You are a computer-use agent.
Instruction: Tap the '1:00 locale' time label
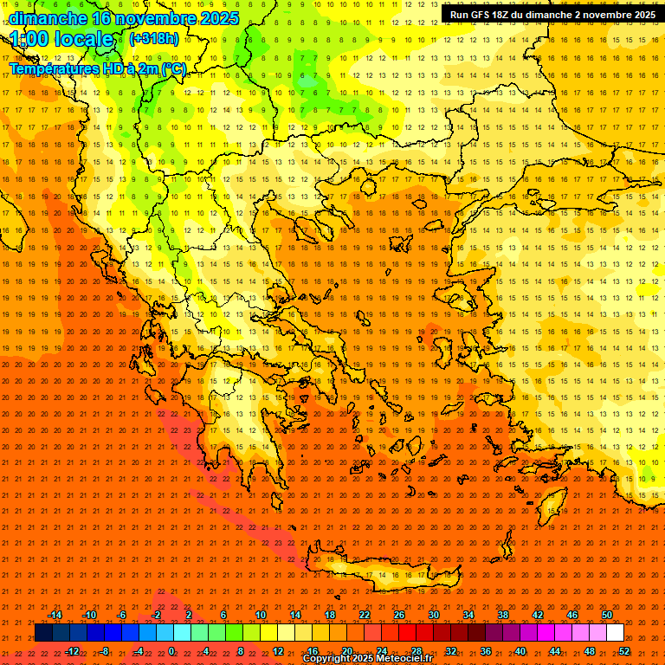pos(61,40)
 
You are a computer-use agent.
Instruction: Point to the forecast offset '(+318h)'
pos(154,39)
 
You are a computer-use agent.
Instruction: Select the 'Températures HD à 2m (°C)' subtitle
pos(98,68)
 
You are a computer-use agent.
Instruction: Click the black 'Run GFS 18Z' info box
pos(552,15)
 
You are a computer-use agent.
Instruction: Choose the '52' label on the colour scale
pos(624,650)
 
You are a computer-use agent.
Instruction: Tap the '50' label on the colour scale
pos(607,615)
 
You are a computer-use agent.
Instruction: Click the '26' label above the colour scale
pos(399,615)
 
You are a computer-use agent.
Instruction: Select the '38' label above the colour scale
pos(503,615)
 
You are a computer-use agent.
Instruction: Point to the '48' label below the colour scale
pos(590,650)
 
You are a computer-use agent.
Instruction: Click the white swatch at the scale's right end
pos(616,633)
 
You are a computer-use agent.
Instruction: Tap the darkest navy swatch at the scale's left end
pos(44,633)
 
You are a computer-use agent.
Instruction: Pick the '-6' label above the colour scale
pos(122,615)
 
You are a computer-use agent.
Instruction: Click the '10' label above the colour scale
pos(261,615)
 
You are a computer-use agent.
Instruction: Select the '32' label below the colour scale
pos(451,650)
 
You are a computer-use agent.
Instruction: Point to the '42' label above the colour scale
pos(538,615)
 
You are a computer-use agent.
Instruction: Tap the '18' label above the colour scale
pos(330,615)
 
